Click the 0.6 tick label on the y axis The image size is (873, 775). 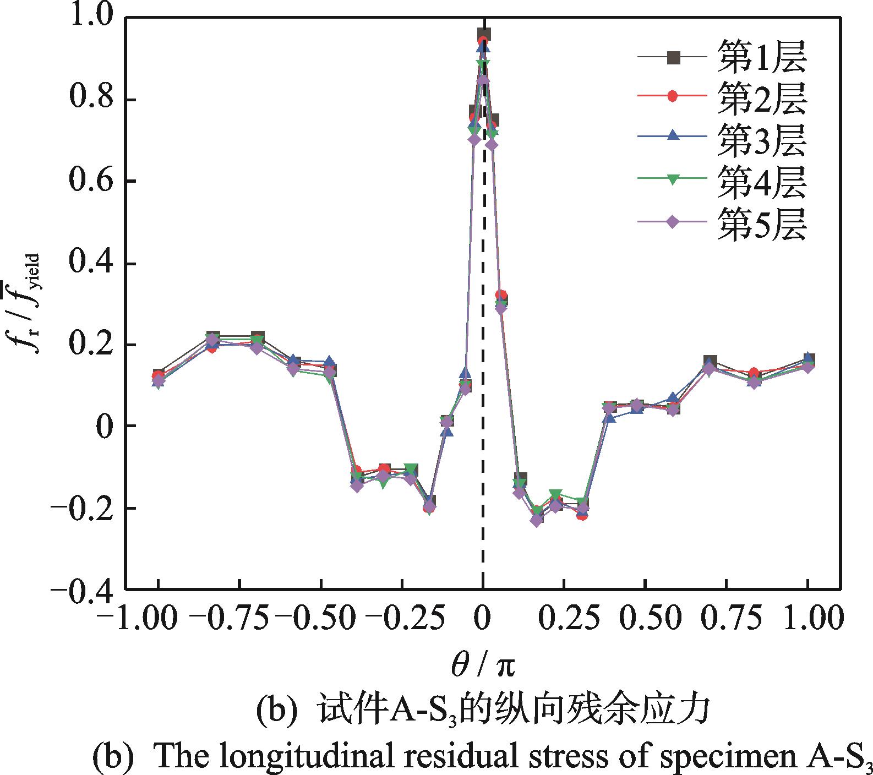coord(88,182)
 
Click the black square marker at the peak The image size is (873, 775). coord(484,34)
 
